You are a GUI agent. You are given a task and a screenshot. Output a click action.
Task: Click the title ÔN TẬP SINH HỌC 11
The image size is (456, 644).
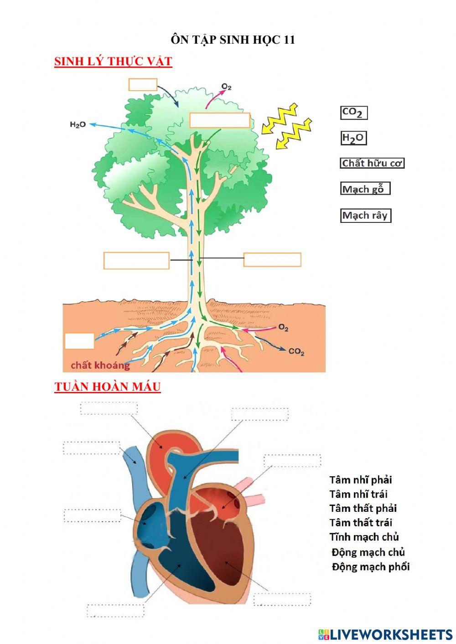233,40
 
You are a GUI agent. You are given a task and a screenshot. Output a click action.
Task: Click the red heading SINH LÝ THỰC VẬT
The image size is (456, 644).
113,62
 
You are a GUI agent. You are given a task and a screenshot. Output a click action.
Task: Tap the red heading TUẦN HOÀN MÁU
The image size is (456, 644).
108,386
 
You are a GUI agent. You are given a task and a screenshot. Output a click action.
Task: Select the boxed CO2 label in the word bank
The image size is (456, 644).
353,113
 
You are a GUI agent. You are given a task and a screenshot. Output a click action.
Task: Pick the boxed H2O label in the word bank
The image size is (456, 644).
353,138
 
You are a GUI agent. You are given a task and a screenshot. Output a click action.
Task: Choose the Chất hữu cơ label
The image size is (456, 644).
372,163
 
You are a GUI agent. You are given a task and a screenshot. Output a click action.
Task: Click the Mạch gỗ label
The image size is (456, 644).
365,189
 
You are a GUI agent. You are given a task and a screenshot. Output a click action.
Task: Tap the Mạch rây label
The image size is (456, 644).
365,215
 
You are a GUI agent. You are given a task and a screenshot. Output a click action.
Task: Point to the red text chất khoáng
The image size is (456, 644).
100,365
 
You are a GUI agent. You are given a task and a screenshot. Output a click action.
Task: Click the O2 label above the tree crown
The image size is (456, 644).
227,87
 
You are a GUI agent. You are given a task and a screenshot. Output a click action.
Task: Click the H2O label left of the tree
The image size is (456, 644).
78,124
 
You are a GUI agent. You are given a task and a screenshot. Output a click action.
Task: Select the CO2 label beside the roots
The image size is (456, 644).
297,352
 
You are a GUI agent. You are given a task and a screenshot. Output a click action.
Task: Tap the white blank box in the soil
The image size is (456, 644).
79,341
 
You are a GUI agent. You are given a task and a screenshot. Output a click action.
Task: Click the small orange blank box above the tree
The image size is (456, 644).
143,84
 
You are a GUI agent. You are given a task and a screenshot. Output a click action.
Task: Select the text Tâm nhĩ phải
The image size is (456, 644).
361,480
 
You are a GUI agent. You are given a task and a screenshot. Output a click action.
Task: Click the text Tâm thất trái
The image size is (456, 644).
361,523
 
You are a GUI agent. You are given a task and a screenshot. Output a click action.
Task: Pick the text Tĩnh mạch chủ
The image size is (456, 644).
364,537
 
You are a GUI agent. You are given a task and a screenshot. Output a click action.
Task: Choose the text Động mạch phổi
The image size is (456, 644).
370,567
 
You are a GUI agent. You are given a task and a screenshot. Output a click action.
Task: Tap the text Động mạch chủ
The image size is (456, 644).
368,552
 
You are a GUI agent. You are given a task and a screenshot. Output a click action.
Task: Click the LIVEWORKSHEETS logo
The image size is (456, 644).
385,634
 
